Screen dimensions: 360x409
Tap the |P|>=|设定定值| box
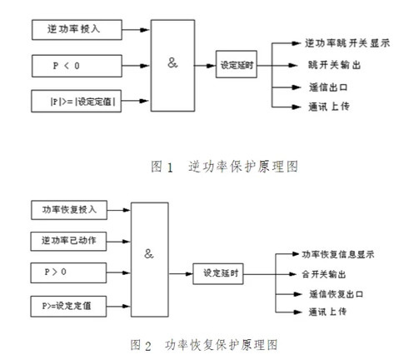pos(81,101)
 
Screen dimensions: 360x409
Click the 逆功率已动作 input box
pos(72,239)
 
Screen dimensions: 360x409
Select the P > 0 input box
pos(72,272)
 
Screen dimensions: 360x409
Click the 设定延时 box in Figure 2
pos(221,272)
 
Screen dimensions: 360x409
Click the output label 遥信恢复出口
pos(333,294)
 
